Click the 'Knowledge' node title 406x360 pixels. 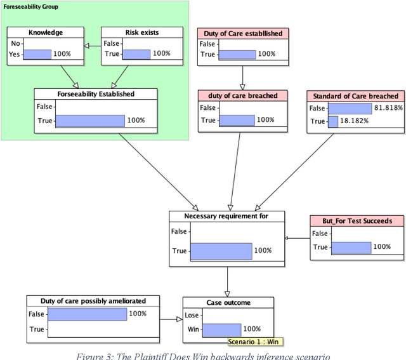pyautogui.click(x=45, y=32)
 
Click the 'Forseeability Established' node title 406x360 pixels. pyautogui.click(x=95, y=94)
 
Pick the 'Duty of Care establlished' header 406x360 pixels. pyautogui.click(x=242, y=33)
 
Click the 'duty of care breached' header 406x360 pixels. pyautogui.click(x=242, y=96)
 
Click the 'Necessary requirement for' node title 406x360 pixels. pyautogui.click(x=226, y=216)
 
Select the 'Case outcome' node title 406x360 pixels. pyautogui.click(x=228, y=302)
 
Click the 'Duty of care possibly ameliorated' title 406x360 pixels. pyautogui.click(x=93, y=300)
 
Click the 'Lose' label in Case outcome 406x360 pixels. pyautogui.click(x=191, y=314)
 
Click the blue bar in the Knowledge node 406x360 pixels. pyautogui.click(x=37, y=54)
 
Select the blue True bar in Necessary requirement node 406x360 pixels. pyautogui.click(x=220, y=250)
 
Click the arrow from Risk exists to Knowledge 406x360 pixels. pyautogui.click(x=93, y=45)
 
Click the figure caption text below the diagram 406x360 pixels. pyautogui.click(x=203, y=355)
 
